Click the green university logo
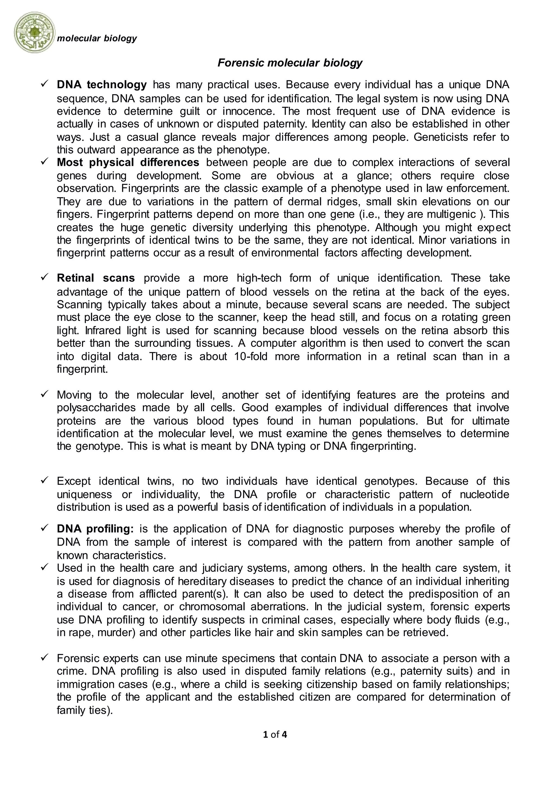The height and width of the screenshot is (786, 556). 34,33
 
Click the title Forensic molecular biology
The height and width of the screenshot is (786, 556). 290,63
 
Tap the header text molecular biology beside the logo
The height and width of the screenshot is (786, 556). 97,38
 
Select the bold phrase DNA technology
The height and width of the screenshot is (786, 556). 102,84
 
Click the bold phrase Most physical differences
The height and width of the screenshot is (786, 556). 128,162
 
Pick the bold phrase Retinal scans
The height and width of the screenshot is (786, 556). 96,278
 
